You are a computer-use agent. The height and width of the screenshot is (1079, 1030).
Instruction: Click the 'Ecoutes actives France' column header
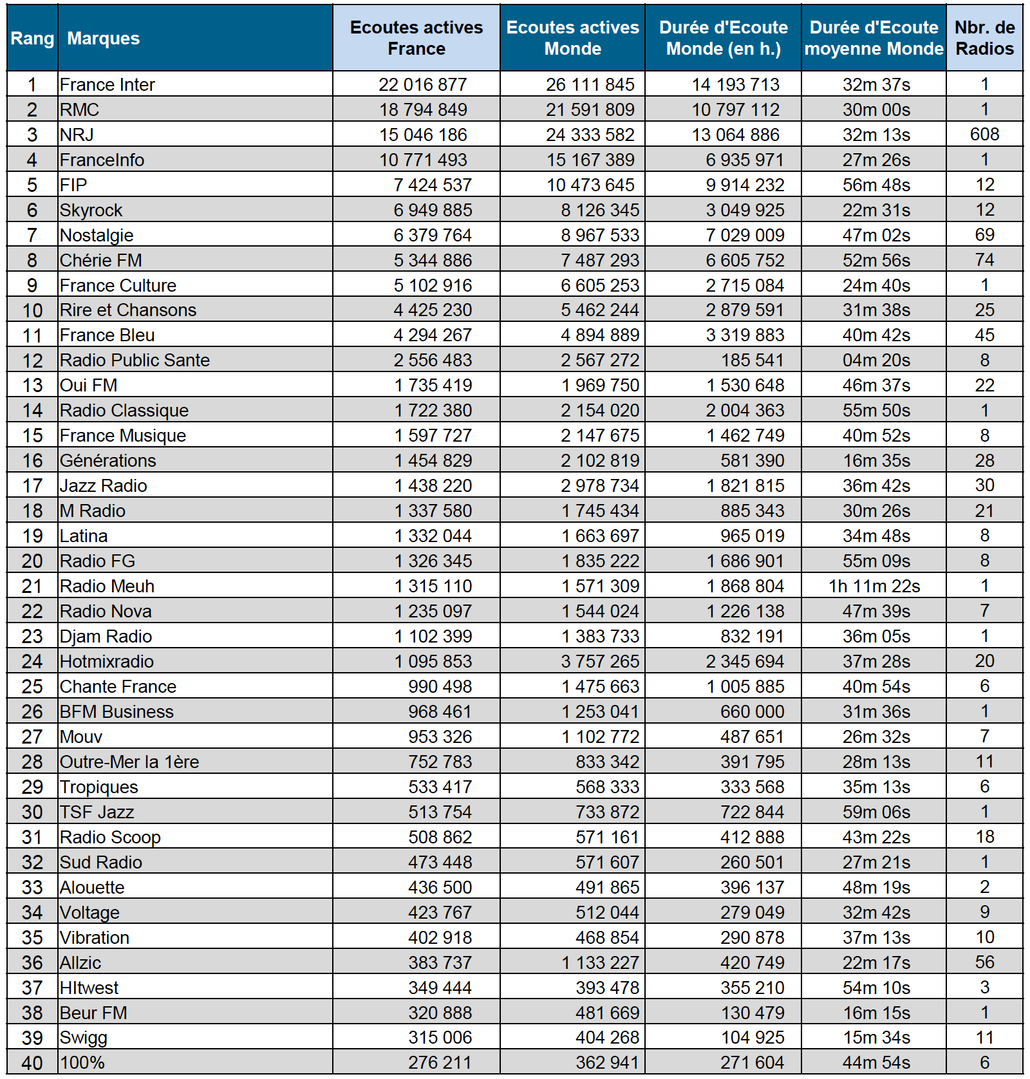416,38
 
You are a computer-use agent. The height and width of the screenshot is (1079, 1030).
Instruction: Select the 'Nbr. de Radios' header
984,38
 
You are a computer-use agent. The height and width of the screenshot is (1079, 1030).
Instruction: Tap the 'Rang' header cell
32,39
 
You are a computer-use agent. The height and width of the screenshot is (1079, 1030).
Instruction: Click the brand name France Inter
108,84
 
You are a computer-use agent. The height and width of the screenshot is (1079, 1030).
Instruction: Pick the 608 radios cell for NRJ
984,135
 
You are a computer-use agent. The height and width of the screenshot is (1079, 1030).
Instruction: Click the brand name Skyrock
91,210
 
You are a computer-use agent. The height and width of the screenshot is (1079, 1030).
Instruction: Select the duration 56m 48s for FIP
876,185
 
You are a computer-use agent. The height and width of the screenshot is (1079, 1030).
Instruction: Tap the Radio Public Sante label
135,360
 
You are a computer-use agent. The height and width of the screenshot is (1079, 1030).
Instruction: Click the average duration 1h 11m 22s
874,586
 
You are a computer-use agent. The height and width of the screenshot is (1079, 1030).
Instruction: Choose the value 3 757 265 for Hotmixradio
600,661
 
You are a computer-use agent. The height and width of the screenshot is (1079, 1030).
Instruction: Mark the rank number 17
32,485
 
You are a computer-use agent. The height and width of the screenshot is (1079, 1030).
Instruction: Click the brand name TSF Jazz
97,812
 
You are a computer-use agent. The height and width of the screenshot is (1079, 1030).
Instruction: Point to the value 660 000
752,711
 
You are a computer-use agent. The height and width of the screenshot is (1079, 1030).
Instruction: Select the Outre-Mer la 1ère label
129,762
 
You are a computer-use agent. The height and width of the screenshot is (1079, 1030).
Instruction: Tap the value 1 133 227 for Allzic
600,962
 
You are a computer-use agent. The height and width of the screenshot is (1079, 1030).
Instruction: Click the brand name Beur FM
93,1013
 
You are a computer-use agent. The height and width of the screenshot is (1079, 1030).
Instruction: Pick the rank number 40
32,1063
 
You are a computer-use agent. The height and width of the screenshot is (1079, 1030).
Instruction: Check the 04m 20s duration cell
876,360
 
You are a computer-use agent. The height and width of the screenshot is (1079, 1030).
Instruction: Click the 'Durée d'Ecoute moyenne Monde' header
874,38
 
